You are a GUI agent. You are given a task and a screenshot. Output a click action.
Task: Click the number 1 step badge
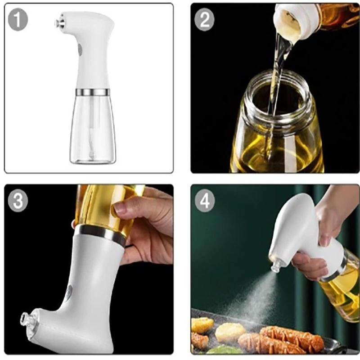tap(18, 19)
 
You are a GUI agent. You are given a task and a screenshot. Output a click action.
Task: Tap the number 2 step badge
tap(205, 19)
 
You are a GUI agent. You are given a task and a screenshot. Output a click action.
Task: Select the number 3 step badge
tap(18, 200)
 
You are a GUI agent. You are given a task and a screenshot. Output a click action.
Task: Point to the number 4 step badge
tap(205, 201)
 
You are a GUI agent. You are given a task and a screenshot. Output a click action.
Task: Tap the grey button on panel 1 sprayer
tap(80, 50)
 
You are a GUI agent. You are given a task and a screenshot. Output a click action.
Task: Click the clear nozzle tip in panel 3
tap(26, 318)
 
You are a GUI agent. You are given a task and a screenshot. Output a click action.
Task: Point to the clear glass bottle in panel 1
tap(93, 129)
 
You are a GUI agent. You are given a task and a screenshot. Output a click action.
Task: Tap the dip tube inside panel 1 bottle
tap(92, 129)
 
